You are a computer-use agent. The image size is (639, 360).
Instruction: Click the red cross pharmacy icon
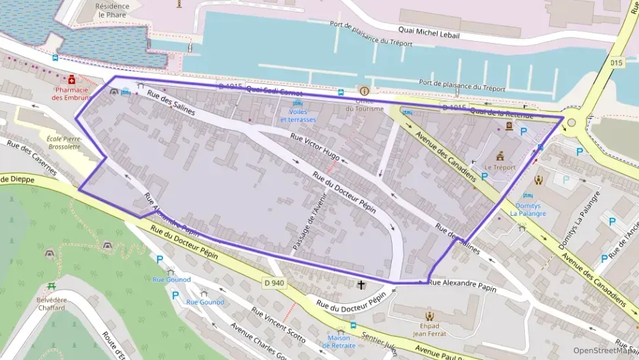click(72, 80)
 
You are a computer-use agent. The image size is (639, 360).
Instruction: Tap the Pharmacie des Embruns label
click(72, 93)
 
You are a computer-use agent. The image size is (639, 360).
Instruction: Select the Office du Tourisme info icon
click(364, 91)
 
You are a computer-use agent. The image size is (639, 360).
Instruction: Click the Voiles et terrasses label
click(298, 115)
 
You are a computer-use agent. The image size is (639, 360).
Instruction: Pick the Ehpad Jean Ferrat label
click(429, 330)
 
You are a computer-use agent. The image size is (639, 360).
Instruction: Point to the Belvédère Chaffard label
click(52, 304)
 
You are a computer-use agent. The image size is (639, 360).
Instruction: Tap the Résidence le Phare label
click(112, 10)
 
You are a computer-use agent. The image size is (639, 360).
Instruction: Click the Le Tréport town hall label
click(500, 167)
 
